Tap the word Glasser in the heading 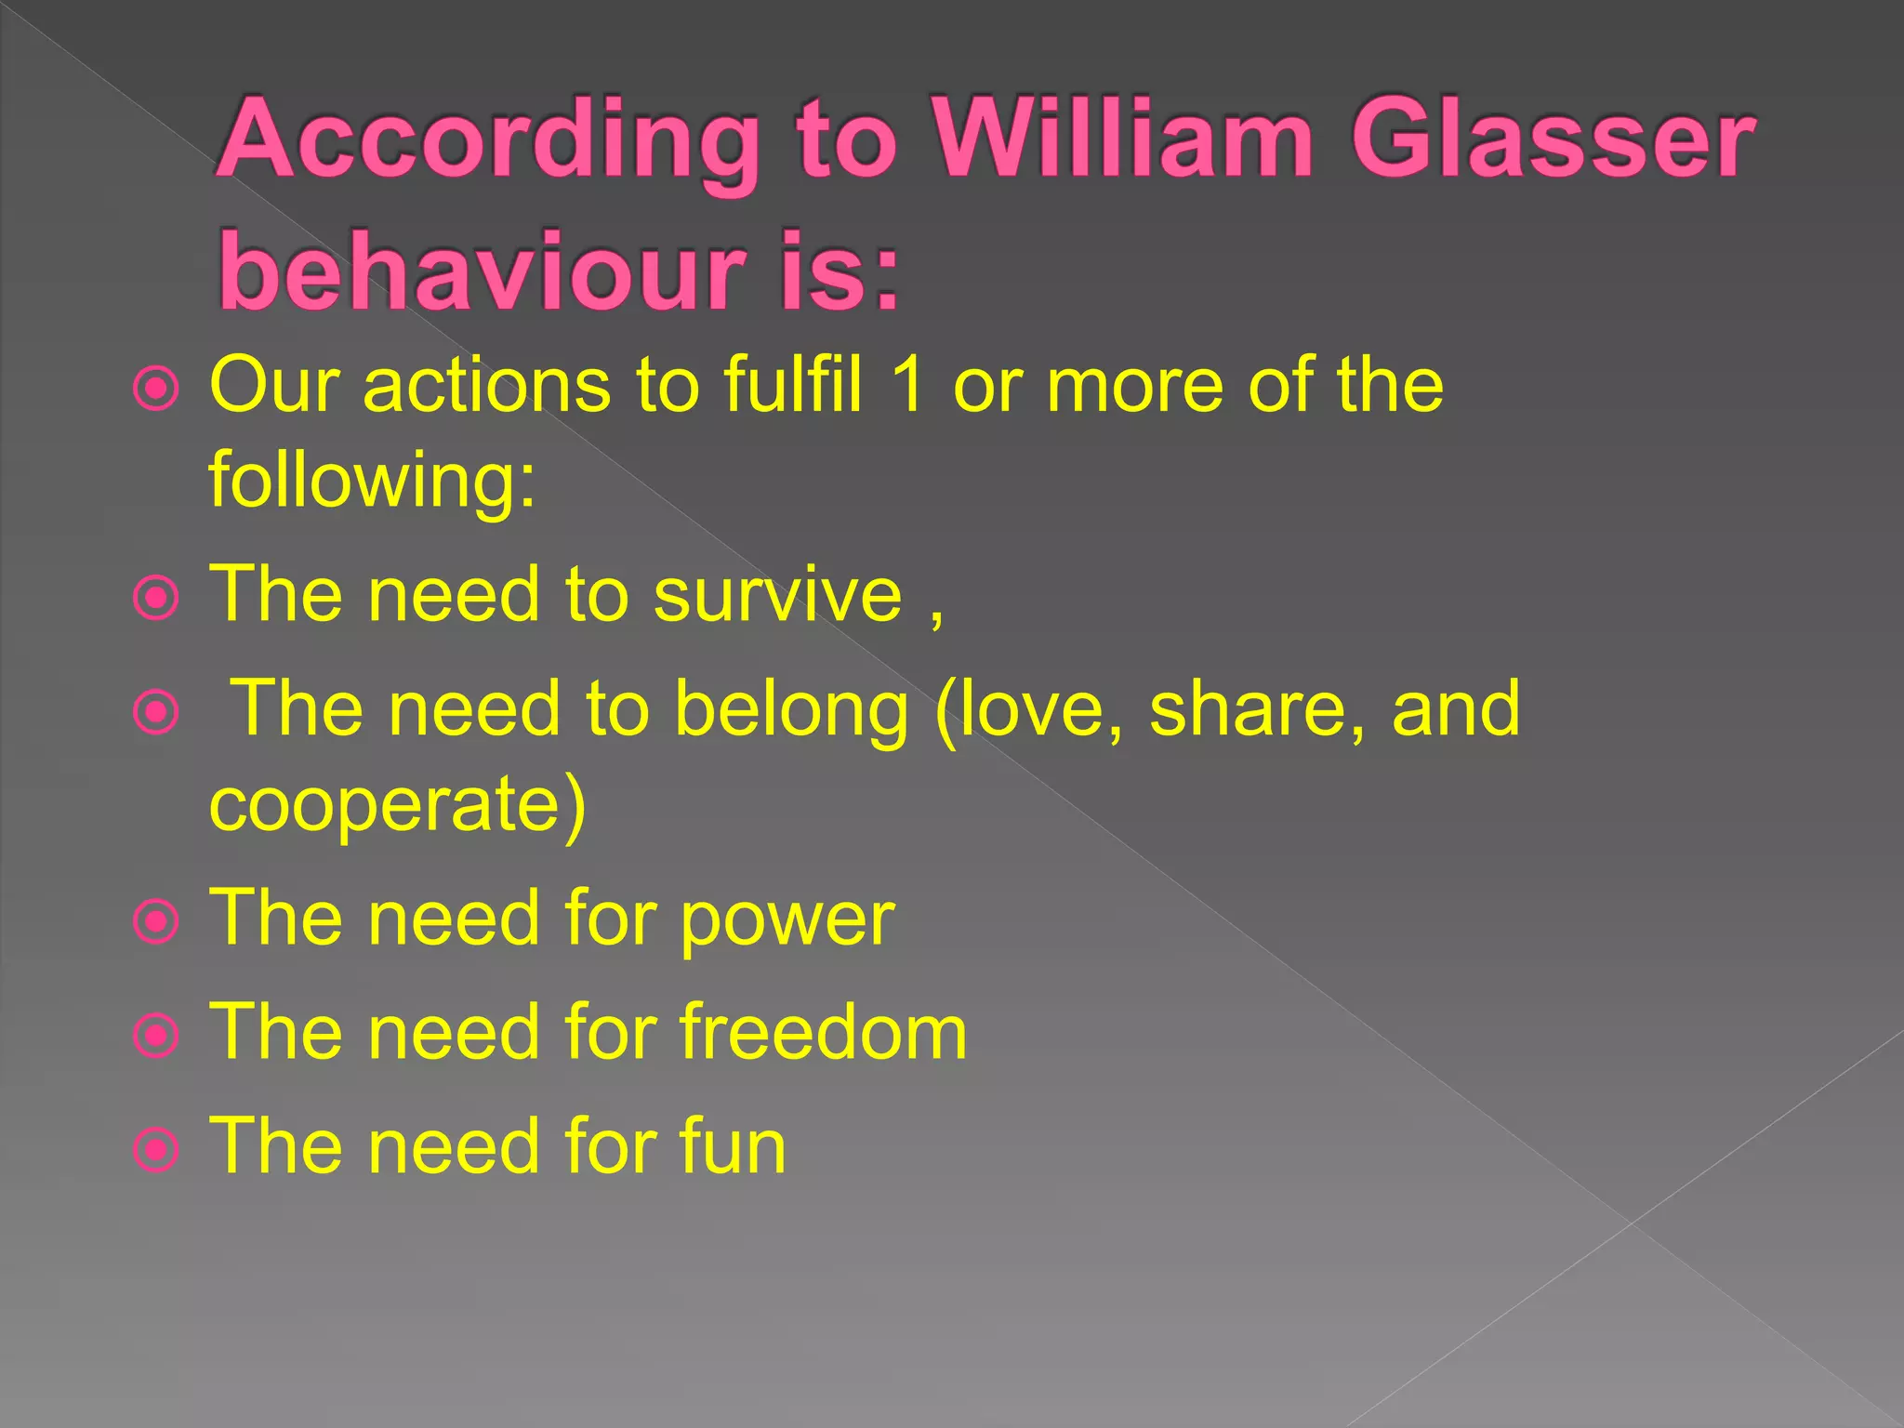tap(1553, 141)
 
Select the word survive tap(777, 594)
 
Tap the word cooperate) tap(398, 805)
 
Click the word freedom tap(823, 1031)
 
